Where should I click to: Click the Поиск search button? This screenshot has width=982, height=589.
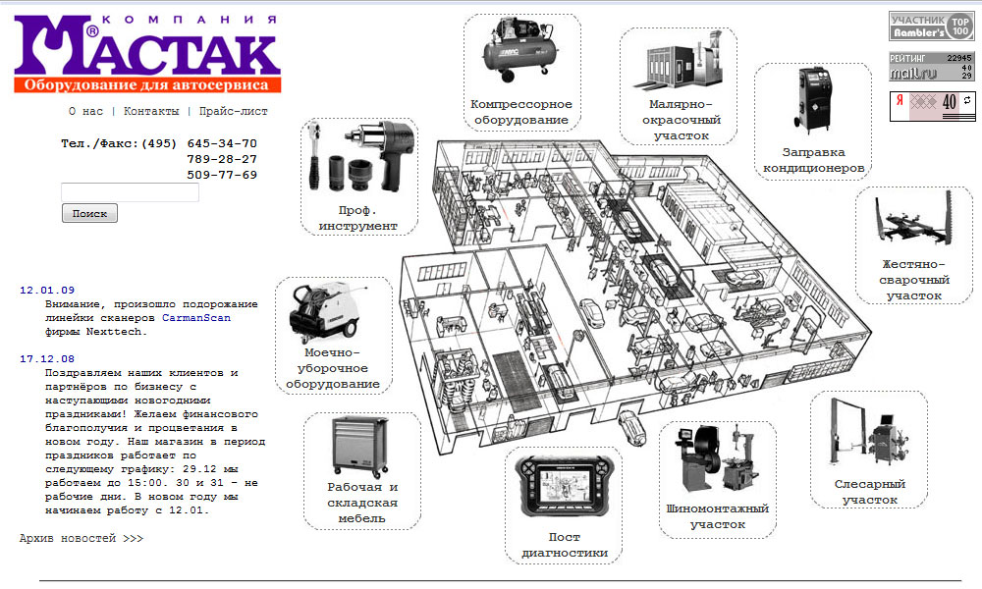(89, 213)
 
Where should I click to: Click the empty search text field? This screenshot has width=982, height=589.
(130, 192)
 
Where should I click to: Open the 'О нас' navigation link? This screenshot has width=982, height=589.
(85, 112)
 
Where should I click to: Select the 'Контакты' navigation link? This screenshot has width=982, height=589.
(151, 112)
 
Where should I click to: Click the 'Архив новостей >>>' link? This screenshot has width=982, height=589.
(82, 538)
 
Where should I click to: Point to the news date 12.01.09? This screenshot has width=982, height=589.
(47, 291)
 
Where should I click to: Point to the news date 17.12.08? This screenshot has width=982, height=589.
(47, 359)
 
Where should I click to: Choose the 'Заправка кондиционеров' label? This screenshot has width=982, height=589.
(813, 160)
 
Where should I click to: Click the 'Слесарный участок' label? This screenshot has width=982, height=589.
(869, 492)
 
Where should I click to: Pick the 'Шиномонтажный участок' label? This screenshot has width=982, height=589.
(716, 516)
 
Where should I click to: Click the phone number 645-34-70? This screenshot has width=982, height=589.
(222, 143)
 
